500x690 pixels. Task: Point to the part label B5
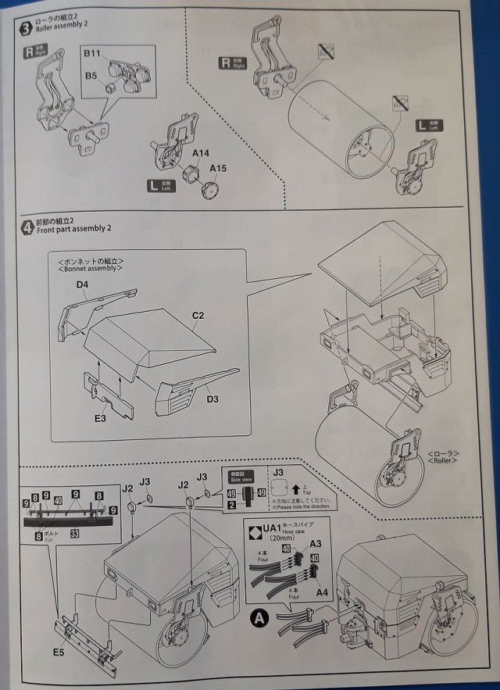[x=91, y=76]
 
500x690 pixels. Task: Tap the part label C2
[x=198, y=315]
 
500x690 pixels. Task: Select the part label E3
[x=99, y=419]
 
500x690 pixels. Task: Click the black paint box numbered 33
[x=74, y=534]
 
